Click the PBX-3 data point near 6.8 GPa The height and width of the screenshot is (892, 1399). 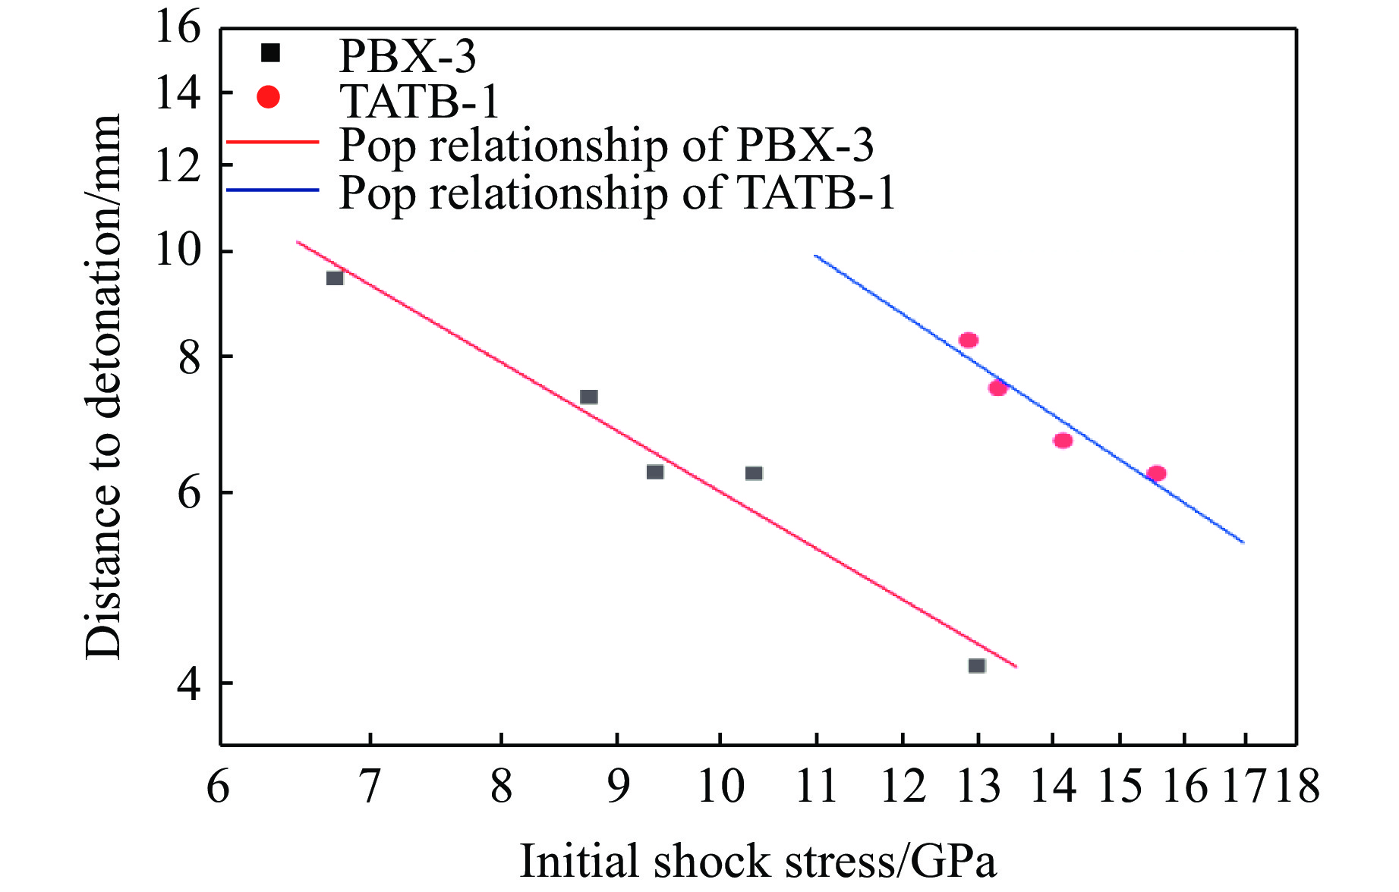(335, 278)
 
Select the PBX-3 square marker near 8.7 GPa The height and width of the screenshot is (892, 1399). (589, 397)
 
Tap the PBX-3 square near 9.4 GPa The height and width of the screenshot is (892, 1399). (655, 472)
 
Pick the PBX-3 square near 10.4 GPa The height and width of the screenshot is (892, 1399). (754, 473)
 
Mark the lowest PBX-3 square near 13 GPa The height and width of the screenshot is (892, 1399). (977, 666)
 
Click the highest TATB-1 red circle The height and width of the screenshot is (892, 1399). (968, 340)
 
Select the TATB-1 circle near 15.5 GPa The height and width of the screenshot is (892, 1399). (1156, 473)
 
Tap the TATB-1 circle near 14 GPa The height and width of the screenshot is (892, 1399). (1063, 440)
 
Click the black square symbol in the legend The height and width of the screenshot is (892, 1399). (270, 52)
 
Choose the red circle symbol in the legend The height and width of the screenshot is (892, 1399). (269, 97)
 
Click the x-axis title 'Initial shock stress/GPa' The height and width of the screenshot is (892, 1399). (757, 862)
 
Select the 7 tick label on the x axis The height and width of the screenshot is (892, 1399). (370, 786)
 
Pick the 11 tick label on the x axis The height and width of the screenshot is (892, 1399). (816, 786)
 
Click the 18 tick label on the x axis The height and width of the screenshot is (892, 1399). (1297, 786)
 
